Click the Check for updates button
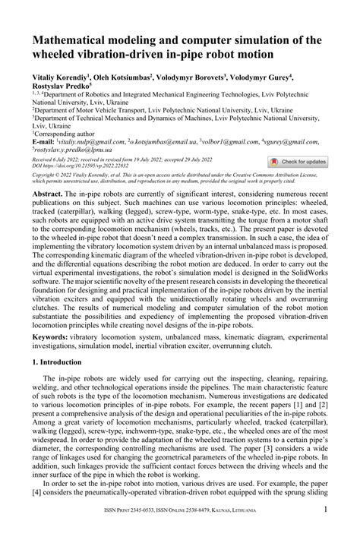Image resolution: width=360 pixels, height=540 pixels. tap(298, 162)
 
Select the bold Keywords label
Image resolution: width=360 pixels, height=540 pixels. tap(51, 336)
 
